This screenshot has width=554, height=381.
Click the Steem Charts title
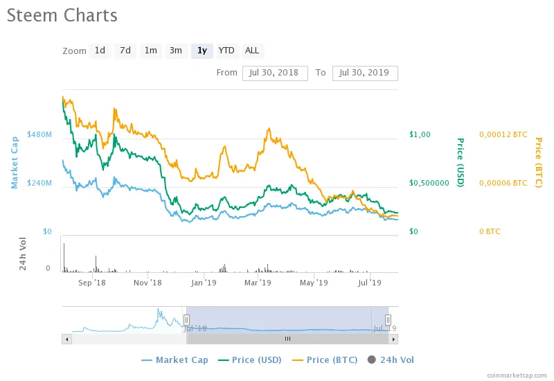(62, 15)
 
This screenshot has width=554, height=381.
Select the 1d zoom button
(100, 51)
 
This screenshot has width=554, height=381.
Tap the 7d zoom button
(125, 51)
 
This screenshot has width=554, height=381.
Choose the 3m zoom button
(176, 51)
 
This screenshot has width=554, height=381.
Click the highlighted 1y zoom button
(202, 51)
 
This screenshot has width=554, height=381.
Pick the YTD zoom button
(226, 51)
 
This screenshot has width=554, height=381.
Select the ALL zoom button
(252, 51)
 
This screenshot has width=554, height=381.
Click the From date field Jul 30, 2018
(275, 73)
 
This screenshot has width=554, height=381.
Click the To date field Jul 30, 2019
(365, 73)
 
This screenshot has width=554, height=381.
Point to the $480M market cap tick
(39, 134)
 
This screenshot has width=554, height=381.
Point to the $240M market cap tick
(39, 183)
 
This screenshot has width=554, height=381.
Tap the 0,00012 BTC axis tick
(503, 134)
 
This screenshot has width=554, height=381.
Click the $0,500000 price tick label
(429, 183)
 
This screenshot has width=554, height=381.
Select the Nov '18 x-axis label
(147, 283)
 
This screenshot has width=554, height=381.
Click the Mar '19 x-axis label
(258, 283)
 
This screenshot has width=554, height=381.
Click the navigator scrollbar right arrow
(393, 339)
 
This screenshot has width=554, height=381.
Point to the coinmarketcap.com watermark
(516, 375)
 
